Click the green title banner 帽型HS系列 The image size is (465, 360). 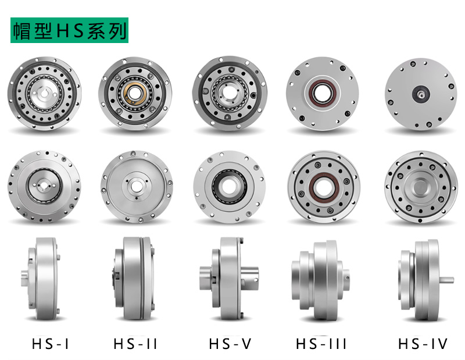[69, 30]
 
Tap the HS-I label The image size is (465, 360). [51, 344]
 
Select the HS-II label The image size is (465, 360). [135, 344]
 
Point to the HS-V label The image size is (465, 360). [230, 344]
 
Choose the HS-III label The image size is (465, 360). [321, 344]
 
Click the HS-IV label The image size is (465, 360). [423, 344]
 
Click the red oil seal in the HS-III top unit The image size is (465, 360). [323, 92]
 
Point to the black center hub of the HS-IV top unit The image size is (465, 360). [420, 94]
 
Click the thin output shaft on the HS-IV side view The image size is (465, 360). [446, 280]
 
